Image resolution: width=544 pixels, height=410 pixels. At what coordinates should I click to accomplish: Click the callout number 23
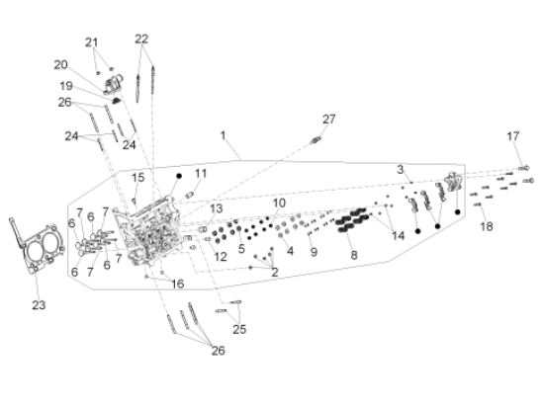[x=39, y=305]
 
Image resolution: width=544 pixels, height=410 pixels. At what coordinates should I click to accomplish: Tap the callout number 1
[x=224, y=133]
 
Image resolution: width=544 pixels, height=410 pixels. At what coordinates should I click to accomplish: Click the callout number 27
[x=330, y=119]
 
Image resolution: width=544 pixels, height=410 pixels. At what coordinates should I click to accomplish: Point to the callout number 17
[x=513, y=135]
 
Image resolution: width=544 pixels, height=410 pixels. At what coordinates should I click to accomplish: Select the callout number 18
[x=486, y=226]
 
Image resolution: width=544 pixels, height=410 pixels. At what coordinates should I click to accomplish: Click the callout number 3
[x=401, y=170]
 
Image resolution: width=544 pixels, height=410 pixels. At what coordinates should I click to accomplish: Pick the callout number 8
[x=353, y=254]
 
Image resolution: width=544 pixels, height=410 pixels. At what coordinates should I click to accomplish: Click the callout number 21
[x=92, y=41]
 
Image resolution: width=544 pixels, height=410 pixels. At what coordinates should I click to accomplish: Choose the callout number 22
[x=141, y=39]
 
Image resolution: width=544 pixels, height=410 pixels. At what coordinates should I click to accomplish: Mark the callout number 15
[x=138, y=177]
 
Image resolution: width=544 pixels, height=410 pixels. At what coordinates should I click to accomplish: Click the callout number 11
[x=201, y=173]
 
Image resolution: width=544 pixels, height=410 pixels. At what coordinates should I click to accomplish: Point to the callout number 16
[x=178, y=284]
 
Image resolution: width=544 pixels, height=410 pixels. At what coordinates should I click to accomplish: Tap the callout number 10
[x=279, y=202]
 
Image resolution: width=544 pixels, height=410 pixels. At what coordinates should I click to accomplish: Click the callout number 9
[x=315, y=252]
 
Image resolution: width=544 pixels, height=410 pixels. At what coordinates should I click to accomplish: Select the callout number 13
[x=217, y=208]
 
